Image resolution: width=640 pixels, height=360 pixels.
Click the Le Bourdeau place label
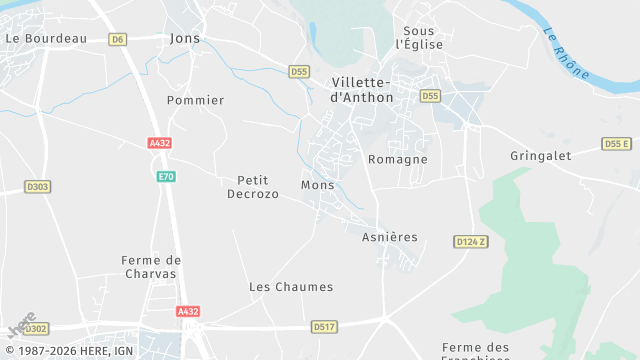pos(46,38)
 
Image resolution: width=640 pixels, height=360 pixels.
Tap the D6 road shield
pos(119,39)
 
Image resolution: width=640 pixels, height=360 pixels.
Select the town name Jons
pos(185,38)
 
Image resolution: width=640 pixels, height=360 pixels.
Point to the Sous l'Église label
pos(419,38)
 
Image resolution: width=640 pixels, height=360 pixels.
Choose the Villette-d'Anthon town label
pos(362,90)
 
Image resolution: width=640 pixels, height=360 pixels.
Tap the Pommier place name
pos(196,100)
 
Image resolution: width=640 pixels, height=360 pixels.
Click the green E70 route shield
pos(166,176)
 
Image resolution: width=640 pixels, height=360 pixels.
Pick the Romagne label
pos(398,159)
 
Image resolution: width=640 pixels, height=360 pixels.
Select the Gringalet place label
pos(540,156)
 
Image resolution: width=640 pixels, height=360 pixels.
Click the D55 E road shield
pos(617,144)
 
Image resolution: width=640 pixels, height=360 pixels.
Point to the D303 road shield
pos(38,186)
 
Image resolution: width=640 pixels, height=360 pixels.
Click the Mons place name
pos(317,185)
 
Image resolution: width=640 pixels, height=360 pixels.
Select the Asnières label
pos(390,237)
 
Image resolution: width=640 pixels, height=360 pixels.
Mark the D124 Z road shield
pos(470,242)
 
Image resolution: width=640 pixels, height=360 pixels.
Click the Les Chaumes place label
pos(291,287)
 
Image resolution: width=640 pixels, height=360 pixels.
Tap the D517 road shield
pos(323,326)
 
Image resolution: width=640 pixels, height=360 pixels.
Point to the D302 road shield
pos(35,328)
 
